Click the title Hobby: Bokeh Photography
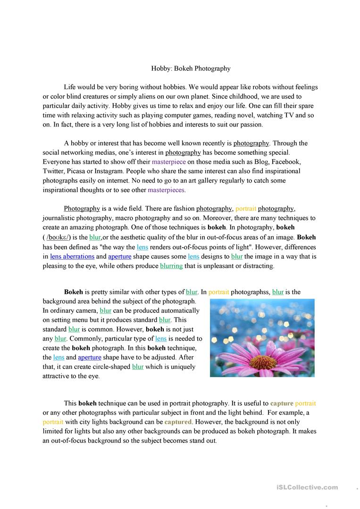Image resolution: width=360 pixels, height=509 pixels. [191, 68]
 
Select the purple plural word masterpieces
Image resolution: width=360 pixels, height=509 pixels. [167, 190]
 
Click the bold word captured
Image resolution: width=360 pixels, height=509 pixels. [178, 422]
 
